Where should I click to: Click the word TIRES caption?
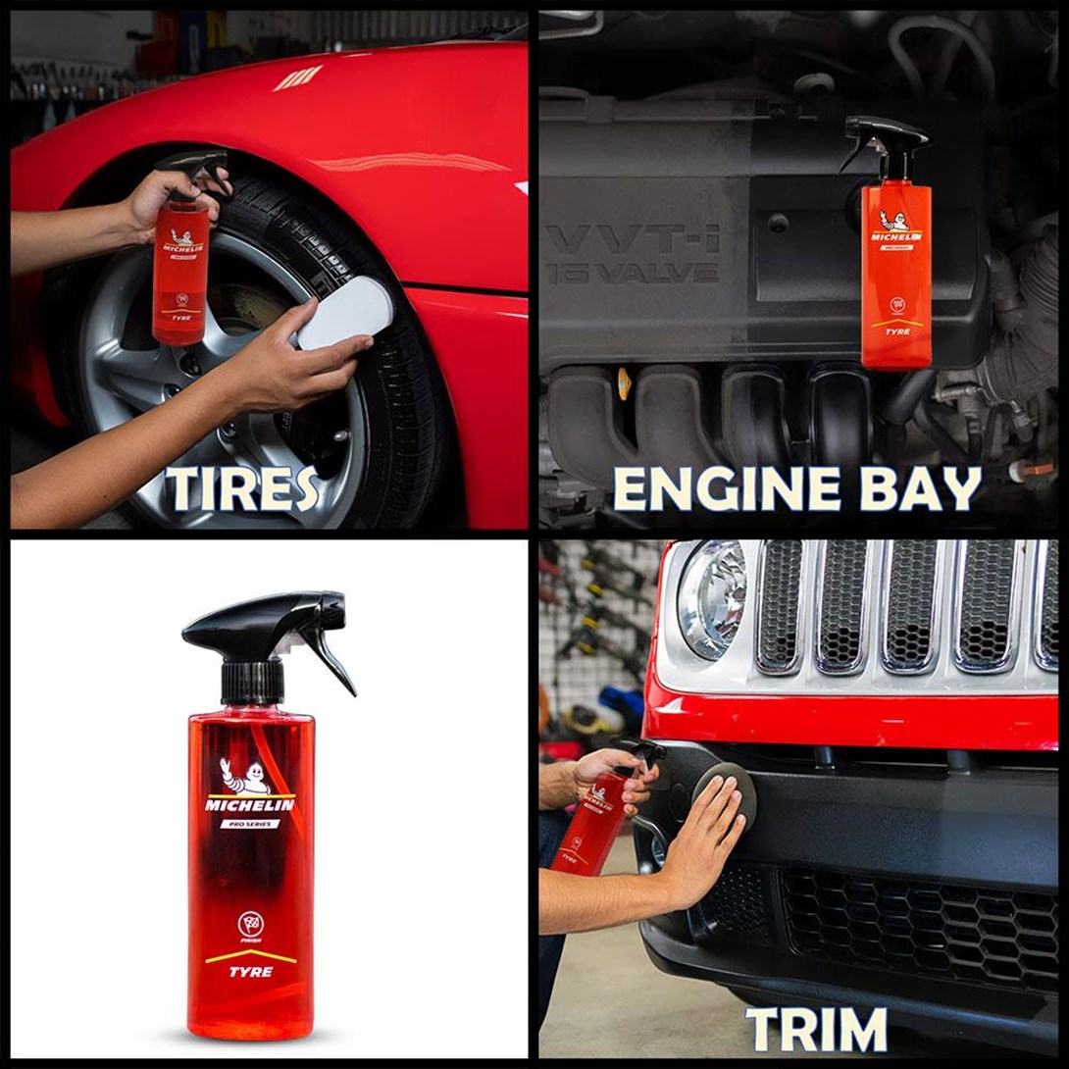pyautogui.click(x=242, y=487)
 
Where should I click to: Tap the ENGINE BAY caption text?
pyautogui.click(x=796, y=487)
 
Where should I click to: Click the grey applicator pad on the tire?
pyautogui.click(x=344, y=312)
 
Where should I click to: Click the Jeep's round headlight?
pyautogui.click(x=711, y=598)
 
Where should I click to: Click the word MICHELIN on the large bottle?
pyautogui.click(x=249, y=805)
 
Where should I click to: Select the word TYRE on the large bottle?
pyautogui.click(x=252, y=972)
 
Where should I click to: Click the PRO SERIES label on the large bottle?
pyautogui.click(x=249, y=824)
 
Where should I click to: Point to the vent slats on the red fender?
pyautogui.click(x=298, y=77)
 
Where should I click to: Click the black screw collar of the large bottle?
pyautogui.click(x=252, y=682)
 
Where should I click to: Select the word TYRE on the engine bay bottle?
pyautogui.click(x=896, y=331)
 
